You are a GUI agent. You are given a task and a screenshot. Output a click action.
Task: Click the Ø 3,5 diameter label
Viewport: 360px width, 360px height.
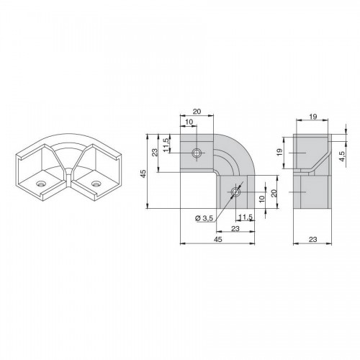pyautogui.click(x=204, y=218)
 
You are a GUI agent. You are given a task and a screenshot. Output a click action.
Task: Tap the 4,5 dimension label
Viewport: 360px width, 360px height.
pyautogui.click(x=342, y=156)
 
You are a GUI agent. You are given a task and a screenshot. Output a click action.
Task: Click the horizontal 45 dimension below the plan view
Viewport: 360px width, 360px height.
pyautogui.click(x=218, y=239)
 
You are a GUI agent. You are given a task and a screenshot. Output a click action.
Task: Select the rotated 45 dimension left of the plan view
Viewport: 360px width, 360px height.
pyautogui.click(x=143, y=174)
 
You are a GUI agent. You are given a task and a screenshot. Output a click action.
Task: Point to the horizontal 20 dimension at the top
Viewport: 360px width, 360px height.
pyautogui.click(x=197, y=112)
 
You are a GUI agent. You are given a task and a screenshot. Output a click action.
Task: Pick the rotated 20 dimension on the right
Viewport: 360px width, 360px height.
pyautogui.click(x=274, y=193)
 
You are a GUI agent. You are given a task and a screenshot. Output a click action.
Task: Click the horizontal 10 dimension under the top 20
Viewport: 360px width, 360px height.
pyautogui.click(x=189, y=122)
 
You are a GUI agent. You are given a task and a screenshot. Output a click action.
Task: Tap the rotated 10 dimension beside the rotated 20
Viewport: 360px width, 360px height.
pyautogui.click(x=261, y=199)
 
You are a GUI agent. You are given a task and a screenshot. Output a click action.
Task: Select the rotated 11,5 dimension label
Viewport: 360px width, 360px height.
pyautogui.click(x=166, y=145)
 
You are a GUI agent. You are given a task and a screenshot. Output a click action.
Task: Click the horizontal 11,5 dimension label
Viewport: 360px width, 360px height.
pyautogui.click(x=246, y=217)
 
